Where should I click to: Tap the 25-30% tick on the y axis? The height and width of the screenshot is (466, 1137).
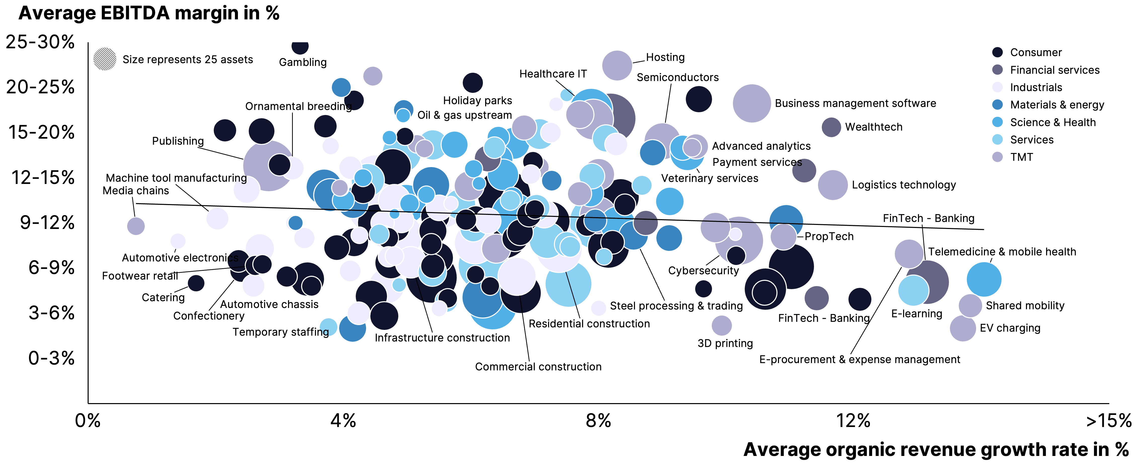[40, 42]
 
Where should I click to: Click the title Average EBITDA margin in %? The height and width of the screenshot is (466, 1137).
[149, 13]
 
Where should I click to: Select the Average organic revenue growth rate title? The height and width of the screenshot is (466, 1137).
[936, 450]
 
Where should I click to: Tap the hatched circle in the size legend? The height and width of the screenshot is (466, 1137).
[105, 59]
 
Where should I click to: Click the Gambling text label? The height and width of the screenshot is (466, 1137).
[303, 62]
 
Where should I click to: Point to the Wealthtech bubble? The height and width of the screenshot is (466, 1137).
[831, 127]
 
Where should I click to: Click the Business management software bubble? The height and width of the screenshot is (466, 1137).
[752, 103]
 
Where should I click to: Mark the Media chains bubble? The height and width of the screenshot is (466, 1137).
[135, 226]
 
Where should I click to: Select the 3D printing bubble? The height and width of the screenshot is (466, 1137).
[722, 326]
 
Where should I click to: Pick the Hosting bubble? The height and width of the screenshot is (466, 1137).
[617, 65]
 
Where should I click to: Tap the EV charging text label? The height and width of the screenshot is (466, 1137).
[1010, 328]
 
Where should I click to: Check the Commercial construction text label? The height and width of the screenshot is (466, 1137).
[538, 367]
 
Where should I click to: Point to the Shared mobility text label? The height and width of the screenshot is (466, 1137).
[1025, 306]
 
